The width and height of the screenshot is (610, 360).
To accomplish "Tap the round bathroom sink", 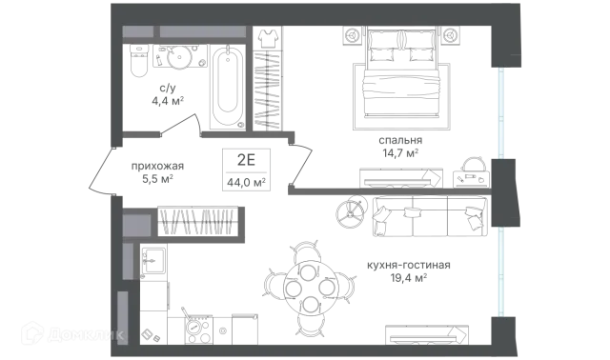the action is point(180,56).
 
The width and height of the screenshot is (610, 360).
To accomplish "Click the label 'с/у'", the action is point(168,89).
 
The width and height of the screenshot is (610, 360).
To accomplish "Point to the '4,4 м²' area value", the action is point(168,102).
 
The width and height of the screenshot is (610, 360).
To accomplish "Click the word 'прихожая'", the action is point(157,167).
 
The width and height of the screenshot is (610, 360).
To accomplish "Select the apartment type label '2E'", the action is point(246,159).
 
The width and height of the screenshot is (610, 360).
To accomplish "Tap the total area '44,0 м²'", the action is point(246,182).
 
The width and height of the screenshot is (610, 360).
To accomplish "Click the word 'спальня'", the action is point(400,140).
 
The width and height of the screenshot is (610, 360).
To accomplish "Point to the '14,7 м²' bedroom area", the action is point(400,152).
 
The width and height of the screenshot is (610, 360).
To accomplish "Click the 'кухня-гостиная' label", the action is point(409,265).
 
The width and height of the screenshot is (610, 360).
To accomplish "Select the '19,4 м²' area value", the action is point(409,278).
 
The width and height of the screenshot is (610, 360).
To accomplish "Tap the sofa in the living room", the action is point(430,216).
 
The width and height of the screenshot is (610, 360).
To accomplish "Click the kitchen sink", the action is point(153,260).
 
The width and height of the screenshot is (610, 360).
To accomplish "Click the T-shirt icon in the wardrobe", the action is point(268,38).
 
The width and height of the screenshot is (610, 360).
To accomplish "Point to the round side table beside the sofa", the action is point(352,211).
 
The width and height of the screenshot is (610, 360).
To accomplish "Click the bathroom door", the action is point(180,125).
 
